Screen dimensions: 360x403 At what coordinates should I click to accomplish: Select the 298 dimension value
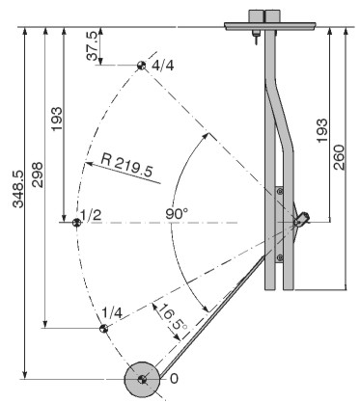point(37,175)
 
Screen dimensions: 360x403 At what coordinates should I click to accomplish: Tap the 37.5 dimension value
point(93,46)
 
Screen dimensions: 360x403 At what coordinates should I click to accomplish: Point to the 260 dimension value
point(339,157)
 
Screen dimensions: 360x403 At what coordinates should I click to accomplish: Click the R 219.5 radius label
point(126,165)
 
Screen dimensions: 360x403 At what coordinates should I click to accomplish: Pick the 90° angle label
point(177,214)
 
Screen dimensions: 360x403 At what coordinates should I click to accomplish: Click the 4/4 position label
point(163,66)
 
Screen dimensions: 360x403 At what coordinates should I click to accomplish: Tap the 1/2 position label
point(91,215)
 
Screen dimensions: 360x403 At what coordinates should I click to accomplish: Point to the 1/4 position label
point(112,312)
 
